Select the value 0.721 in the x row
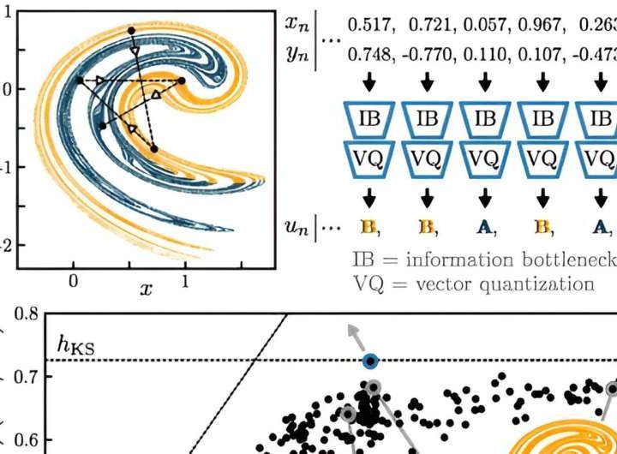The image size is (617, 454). pyautogui.click(x=425, y=23)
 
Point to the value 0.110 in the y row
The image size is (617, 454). pyautogui.click(x=484, y=54)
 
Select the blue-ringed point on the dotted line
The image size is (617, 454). pyautogui.click(x=370, y=361)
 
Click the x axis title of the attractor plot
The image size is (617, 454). pyautogui.click(x=147, y=289)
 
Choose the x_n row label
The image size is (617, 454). pyautogui.click(x=297, y=23)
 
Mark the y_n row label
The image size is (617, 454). pyautogui.click(x=297, y=54)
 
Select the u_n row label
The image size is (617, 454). pyautogui.click(x=297, y=227)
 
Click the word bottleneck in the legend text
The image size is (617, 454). pyautogui.click(x=573, y=260)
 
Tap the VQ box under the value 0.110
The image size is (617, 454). pyautogui.click(x=485, y=158)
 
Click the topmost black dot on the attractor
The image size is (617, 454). pyautogui.click(x=131, y=31)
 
